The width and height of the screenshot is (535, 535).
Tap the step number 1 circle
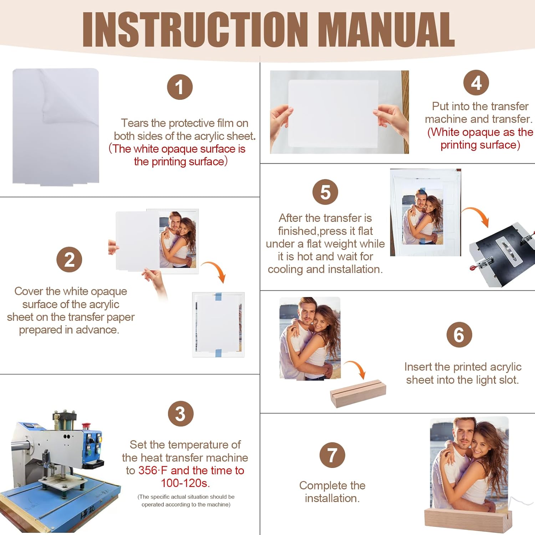pyautogui.click(x=180, y=87)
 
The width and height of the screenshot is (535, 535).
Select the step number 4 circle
pyautogui.click(x=476, y=83)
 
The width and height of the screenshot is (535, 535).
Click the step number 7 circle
pyautogui.click(x=332, y=455)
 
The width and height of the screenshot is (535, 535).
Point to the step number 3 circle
pyautogui.click(x=181, y=414)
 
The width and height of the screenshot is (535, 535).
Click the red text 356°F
pyautogui.click(x=153, y=470)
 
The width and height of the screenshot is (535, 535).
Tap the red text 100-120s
pyautogui.click(x=185, y=483)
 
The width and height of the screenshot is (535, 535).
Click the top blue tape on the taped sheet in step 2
pyautogui.click(x=218, y=296)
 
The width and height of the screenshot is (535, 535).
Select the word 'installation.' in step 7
pyautogui.click(x=332, y=498)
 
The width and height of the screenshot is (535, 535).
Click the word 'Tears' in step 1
pyautogui.click(x=135, y=123)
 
